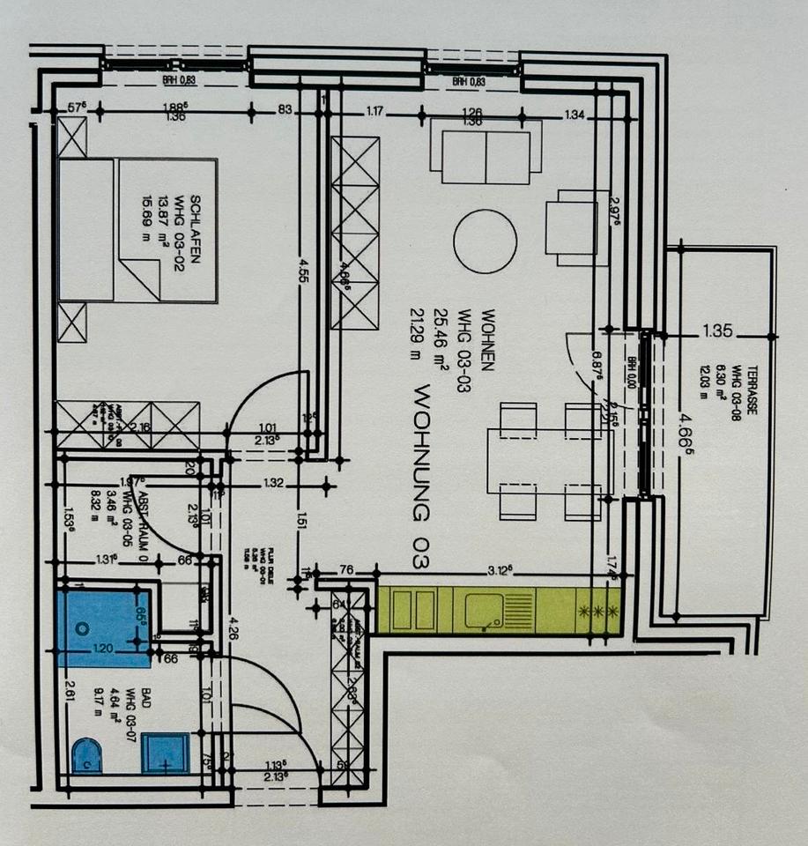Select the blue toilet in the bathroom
tap(86, 757)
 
